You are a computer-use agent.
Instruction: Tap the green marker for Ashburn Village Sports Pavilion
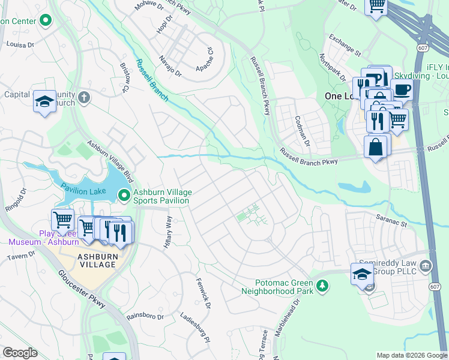(124, 195)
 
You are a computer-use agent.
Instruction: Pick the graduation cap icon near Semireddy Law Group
(362, 274)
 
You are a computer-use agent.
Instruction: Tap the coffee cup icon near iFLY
(402, 89)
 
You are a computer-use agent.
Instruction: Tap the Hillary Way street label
(168, 232)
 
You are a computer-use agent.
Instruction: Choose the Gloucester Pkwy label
(82, 288)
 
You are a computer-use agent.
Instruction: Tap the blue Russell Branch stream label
(151, 79)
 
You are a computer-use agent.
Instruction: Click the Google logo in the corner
(20, 353)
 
